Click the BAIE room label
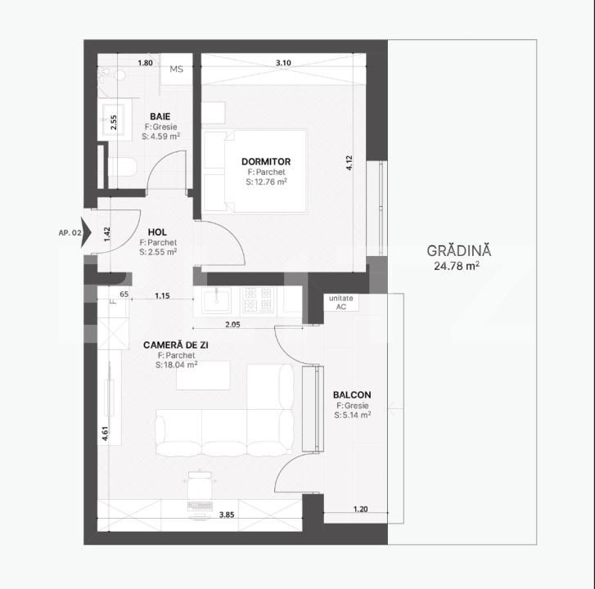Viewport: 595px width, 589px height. point(160,116)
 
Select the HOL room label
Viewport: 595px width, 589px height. point(158,232)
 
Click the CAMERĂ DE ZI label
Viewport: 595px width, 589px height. point(176,345)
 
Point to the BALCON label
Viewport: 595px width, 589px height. point(351,395)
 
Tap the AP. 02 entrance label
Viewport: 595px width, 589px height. point(70,233)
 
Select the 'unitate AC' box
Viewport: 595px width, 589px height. point(341,303)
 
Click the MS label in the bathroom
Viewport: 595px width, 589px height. point(176,70)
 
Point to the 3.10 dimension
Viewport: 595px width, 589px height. point(284,63)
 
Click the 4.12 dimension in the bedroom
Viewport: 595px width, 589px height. point(349,163)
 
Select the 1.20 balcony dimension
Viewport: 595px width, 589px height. point(360,509)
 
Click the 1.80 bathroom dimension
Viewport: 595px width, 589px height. point(146,63)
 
